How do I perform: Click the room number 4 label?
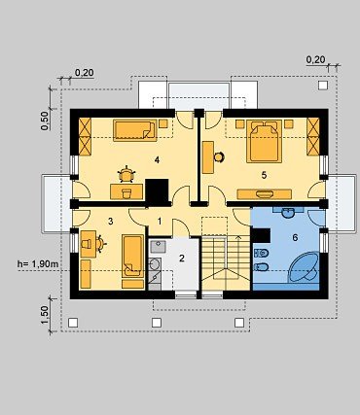(157, 159)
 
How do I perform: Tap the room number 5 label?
(264, 175)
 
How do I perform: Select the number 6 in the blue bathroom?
(295, 238)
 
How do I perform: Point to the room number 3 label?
(111, 222)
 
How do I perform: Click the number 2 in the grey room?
(182, 259)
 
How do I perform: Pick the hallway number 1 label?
(160, 222)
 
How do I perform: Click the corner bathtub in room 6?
(305, 266)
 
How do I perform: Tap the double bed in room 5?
(264, 141)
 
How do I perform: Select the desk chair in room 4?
(126, 174)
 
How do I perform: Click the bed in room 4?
(135, 130)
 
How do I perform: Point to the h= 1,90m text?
(38, 264)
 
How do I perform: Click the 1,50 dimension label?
(45, 315)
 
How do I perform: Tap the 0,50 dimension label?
(45, 121)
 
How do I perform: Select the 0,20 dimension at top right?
(315, 59)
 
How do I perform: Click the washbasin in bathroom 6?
(288, 213)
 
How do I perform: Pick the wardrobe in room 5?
(313, 136)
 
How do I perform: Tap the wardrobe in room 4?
(86, 136)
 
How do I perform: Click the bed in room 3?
(133, 256)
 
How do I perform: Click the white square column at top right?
(323, 86)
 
